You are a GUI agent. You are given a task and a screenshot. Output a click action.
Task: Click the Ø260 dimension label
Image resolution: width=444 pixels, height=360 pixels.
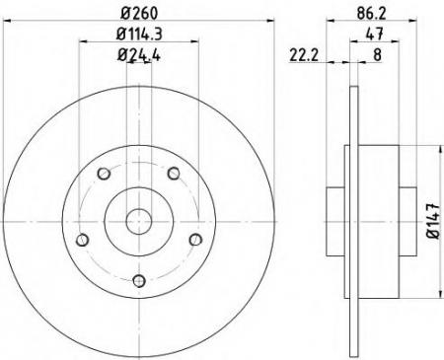point(139,13)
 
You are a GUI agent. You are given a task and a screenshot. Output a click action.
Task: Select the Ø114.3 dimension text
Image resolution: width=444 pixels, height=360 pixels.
point(139,34)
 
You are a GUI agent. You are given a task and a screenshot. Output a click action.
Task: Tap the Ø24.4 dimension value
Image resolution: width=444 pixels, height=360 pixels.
point(139,55)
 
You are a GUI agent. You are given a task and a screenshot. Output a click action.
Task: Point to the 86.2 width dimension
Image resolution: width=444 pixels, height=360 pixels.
point(371,13)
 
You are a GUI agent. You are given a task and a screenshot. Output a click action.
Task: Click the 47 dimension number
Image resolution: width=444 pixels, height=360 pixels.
point(374,34)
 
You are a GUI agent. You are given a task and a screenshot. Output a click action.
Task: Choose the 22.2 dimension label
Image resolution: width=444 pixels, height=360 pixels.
point(304,55)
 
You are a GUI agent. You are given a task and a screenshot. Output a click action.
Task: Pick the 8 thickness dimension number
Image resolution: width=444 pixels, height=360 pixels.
point(377,55)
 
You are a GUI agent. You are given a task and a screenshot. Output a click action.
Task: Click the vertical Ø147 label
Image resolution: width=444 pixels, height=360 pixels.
point(433,221)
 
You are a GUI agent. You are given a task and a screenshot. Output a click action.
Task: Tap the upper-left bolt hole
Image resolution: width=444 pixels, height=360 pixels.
point(104,174)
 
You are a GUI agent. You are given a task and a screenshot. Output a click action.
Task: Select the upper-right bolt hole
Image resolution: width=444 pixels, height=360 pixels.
point(174,173)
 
